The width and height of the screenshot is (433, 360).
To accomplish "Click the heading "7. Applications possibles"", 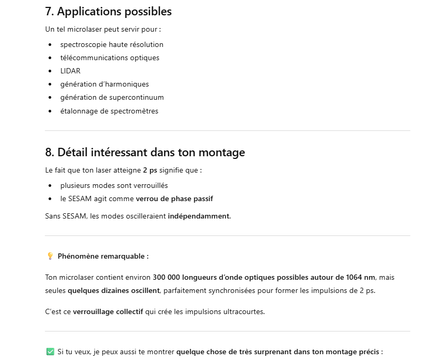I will (108, 11).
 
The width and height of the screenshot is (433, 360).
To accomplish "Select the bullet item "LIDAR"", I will (70, 71).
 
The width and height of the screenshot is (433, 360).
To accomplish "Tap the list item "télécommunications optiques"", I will (109, 58).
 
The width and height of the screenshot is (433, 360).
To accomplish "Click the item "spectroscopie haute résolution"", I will (111, 44).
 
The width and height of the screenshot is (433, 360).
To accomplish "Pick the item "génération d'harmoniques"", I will (105, 84).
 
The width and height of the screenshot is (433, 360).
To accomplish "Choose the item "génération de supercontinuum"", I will (112, 97).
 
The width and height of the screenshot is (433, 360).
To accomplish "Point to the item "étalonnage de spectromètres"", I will (109, 111).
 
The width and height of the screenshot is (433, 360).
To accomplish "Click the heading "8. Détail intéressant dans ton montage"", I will (145, 153).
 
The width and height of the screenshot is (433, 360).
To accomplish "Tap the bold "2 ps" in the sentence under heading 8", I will (149, 170).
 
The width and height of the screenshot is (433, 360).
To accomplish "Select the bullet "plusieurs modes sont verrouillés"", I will (114, 185).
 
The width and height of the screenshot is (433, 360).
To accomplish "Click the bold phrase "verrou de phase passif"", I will (174, 198).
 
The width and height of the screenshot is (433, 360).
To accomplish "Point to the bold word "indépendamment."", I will (199, 216).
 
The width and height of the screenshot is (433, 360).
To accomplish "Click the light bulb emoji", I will (50, 256).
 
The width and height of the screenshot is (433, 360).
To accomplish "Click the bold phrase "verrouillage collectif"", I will (108, 311).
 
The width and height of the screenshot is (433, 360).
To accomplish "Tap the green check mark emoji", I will (50, 352).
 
